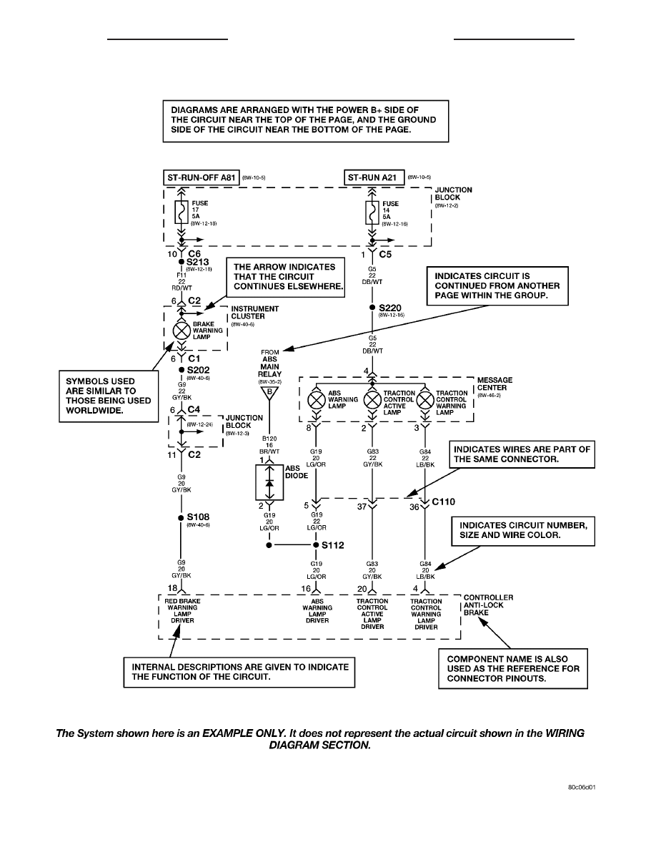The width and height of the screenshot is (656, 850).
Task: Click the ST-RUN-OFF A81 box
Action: [201, 177]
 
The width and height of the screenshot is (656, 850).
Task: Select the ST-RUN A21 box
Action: [374, 177]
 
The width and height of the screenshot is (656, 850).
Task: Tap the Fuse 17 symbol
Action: [182, 212]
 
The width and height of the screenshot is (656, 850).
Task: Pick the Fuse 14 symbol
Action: [372, 212]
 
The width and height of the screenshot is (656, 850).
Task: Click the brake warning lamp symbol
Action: [182, 330]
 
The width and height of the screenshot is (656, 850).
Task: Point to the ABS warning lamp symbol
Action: [317, 399]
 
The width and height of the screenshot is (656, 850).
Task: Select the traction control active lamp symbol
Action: [372, 399]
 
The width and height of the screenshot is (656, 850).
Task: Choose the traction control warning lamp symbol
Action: [425, 399]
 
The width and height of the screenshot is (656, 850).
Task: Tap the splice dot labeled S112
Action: [317, 544]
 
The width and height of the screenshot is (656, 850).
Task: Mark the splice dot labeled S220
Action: [372, 308]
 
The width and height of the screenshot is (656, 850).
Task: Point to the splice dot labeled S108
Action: [182, 518]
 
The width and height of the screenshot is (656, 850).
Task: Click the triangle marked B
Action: [269, 393]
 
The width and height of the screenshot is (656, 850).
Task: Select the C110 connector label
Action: [443, 502]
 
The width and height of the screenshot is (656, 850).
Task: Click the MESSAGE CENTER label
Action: [495, 384]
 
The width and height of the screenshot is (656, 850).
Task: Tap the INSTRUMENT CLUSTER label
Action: [255, 312]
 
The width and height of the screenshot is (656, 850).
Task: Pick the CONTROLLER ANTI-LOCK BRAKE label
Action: [488, 605]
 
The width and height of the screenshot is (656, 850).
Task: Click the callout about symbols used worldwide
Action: [109, 396]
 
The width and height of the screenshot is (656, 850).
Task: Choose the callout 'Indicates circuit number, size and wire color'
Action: [523, 531]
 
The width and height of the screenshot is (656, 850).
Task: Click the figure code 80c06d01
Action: [582, 787]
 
